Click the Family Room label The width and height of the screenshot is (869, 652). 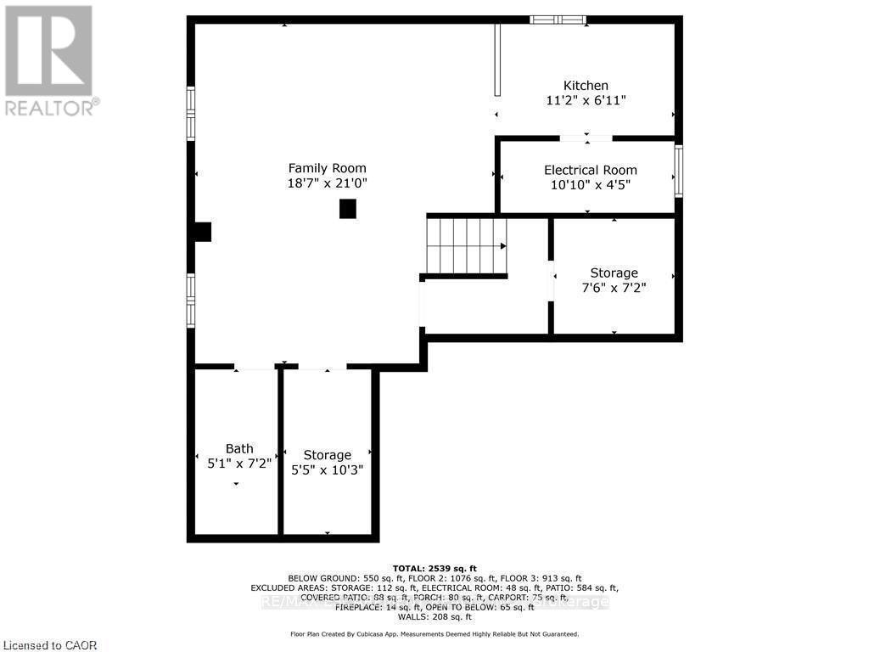click(x=327, y=168)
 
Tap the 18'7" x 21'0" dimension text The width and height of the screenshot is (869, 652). click(x=327, y=183)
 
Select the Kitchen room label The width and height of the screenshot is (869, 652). click(x=586, y=86)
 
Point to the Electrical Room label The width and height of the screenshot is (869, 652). click(x=590, y=170)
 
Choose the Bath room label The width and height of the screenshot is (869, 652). click(x=239, y=448)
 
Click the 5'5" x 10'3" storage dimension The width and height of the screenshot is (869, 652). click(x=327, y=469)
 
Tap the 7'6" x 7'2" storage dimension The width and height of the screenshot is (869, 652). click(x=614, y=288)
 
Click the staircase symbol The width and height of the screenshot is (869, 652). click(x=466, y=246)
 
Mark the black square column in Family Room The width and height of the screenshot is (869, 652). click(x=347, y=209)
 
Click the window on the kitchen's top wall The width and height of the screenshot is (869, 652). click(x=558, y=20)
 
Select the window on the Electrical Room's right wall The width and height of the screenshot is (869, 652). click(x=678, y=171)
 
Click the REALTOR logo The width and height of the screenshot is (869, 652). click(x=50, y=60)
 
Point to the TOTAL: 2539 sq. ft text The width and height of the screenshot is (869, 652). click(x=434, y=568)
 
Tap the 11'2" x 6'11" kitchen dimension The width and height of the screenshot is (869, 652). click(x=586, y=100)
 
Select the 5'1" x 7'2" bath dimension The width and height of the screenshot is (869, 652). click(x=239, y=464)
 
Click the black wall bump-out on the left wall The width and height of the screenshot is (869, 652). click(x=202, y=232)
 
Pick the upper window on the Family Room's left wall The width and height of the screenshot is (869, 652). click(x=191, y=113)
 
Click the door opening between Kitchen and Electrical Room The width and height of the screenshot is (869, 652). click(x=586, y=138)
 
